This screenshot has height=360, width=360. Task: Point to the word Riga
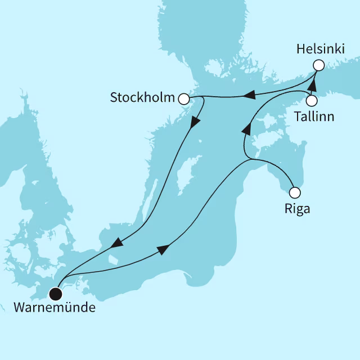pos(297,209)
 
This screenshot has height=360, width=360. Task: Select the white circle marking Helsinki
pos(318,65)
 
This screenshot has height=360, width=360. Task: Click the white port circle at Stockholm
pos(183,99)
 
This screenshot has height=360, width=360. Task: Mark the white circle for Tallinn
pos(312,101)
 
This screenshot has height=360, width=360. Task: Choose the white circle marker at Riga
pos(294,191)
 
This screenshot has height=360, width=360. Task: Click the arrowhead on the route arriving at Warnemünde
pos(116,244)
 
